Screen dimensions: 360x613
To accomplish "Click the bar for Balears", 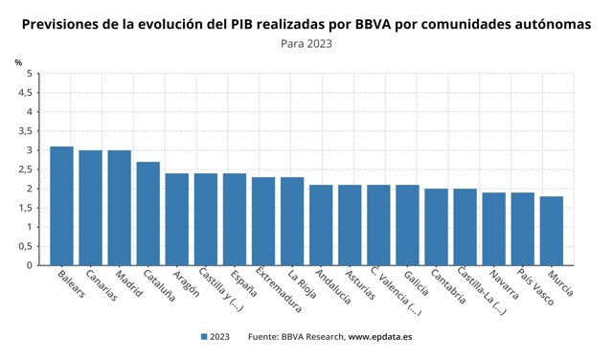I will click(61, 206).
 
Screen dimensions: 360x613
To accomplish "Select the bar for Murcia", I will click(551, 231).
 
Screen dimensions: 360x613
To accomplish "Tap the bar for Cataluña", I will click(148, 214).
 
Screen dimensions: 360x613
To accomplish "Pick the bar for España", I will click(234, 219).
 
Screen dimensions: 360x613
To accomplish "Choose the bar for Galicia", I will click(407, 225).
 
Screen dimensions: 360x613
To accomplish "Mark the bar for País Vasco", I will click(522, 229).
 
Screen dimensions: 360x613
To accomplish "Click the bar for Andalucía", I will click(321, 225).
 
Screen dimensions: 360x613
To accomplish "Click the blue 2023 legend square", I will click(204, 337).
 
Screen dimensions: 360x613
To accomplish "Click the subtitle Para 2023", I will click(306, 43).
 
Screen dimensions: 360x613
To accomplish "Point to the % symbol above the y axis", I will click(18, 61).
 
